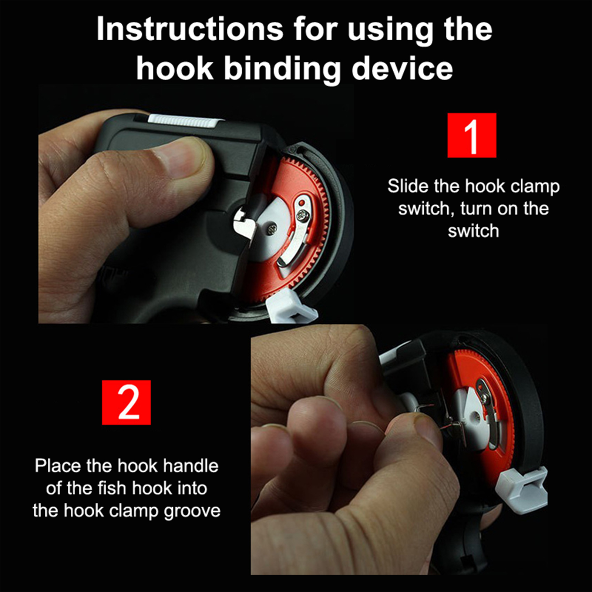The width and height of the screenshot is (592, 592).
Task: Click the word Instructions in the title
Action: click(x=190, y=29)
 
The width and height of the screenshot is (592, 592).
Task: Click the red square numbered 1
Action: click(x=472, y=135)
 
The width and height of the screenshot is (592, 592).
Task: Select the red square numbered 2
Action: click(x=127, y=402)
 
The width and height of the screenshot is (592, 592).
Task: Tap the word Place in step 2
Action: click(x=58, y=466)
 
